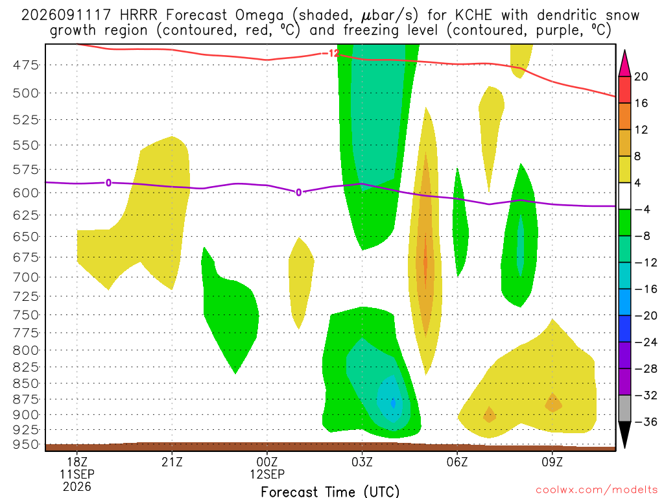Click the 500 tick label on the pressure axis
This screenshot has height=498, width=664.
(25, 93)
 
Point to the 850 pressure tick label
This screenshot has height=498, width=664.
(25, 383)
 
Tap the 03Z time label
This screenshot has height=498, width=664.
(362, 462)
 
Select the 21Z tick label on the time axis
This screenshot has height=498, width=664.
(172, 462)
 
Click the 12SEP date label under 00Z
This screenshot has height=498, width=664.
(267, 474)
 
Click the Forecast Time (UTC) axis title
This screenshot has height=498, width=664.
(330, 492)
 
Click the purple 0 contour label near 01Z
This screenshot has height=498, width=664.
(298, 193)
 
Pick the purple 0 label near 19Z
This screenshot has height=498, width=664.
(109, 183)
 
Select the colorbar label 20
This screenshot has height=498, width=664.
(641, 77)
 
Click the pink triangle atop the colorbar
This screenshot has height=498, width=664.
(624, 64)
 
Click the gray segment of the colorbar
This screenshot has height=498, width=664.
(624, 409)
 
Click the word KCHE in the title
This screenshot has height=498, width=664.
(473, 16)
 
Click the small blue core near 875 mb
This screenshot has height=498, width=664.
(394, 402)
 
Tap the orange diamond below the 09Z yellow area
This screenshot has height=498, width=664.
(553, 403)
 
